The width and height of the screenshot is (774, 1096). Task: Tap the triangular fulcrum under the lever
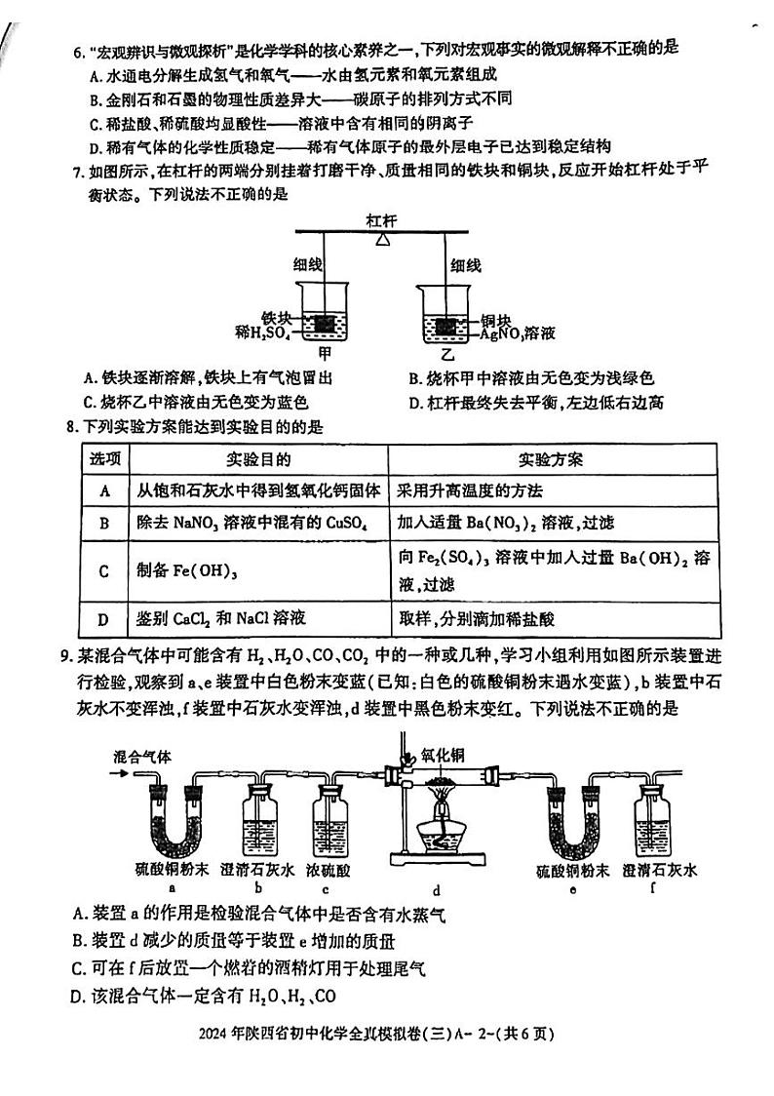click(383, 238)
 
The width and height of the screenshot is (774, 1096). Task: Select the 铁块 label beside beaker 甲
click(276, 317)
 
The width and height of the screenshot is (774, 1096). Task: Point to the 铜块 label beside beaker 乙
click(497, 319)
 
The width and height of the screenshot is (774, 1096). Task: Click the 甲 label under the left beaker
click(325, 354)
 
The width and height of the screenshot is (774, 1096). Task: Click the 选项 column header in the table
click(104, 458)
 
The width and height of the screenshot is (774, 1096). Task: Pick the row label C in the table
click(103, 569)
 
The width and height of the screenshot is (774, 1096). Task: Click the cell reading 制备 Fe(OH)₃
click(185, 569)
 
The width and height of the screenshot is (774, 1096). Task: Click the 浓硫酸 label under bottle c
click(329, 869)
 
